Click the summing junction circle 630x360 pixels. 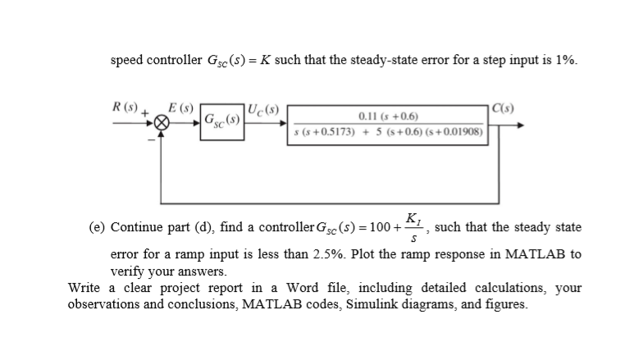coord(163,125)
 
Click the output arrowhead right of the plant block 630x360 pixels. coord(519,125)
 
